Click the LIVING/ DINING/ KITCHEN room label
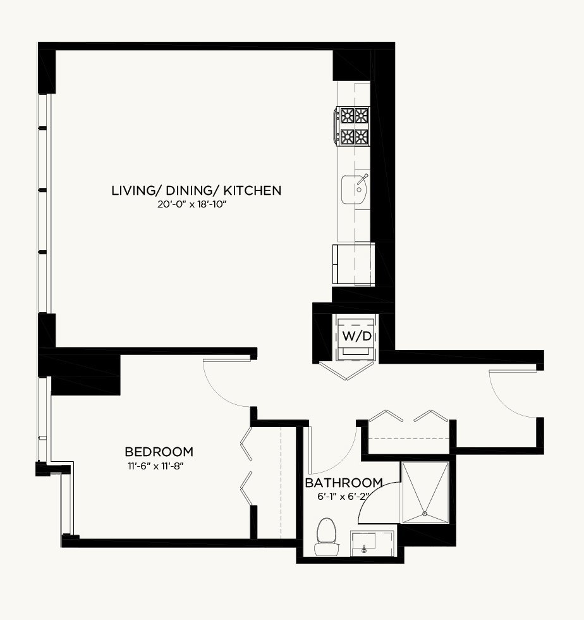[x=197, y=190]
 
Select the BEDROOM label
[x=159, y=452]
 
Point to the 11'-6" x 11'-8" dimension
[x=155, y=466]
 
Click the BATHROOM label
[x=344, y=483]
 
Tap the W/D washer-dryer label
[x=357, y=336]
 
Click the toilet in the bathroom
[x=326, y=536]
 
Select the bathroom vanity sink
[x=364, y=543]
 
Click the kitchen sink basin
[x=355, y=189]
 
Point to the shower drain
[x=425, y=514]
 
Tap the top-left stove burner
[x=348, y=115]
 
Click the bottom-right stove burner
[x=361, y=137]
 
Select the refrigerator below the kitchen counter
[x=354, y=264]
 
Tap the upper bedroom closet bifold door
[x=246, y=443]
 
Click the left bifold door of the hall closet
[x=386, y=416]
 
